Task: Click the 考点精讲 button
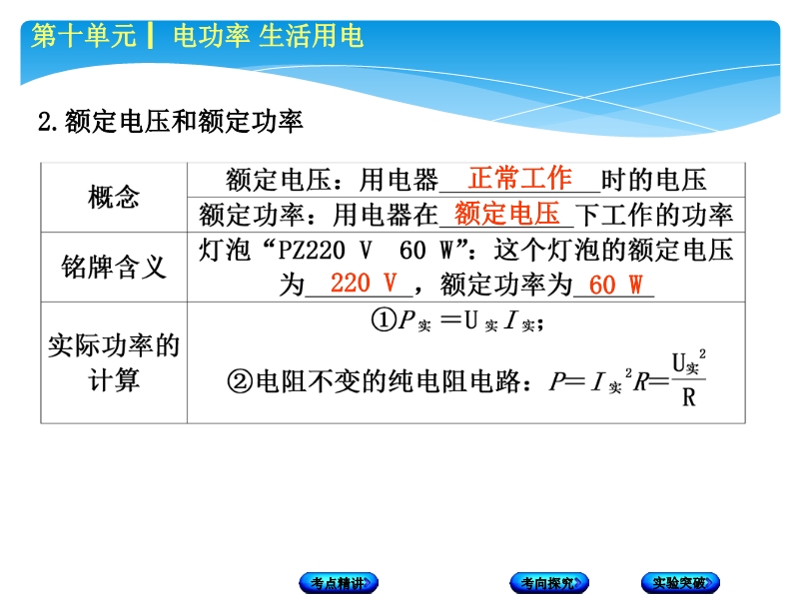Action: pyautogui.click(x=339, y=583)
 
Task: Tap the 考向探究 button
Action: pyautogui.click(x=549, y=583)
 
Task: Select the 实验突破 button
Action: pyautogui.click(x=681, y=583)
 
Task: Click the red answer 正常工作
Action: pyautogui.click(x=520, y=179)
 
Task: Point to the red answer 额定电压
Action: pyautogui.click(x=507, y=214)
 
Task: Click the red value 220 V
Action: pyautogui.click(x=364, y=284)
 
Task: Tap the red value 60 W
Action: pyautogui.click(x=615, y=285)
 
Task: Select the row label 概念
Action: pyautogui.click(x=114, y=197)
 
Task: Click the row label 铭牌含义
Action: pyautogui.click(x=114, y=267)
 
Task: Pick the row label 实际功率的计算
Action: pyautogui.click(x=114, y=362)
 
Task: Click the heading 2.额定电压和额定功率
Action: pyautogui.click(x=171, y=122)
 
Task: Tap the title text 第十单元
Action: pyautogui.click(x=84, y=36)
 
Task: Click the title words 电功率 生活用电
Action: pyautogui.click(x=268, y=36)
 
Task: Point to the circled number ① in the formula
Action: pyautogui.click(x=384, y=320)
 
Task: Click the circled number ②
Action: pyautogui.click(x=240, y=381)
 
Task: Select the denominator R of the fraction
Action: pyautogui.click(x=689, y=396)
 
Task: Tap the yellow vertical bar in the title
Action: pyautogui.click(x=151, y=36)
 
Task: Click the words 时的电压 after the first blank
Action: pyautogui.click(x=654, y=180)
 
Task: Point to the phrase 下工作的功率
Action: pyautogui.click(x=654, y=215)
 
